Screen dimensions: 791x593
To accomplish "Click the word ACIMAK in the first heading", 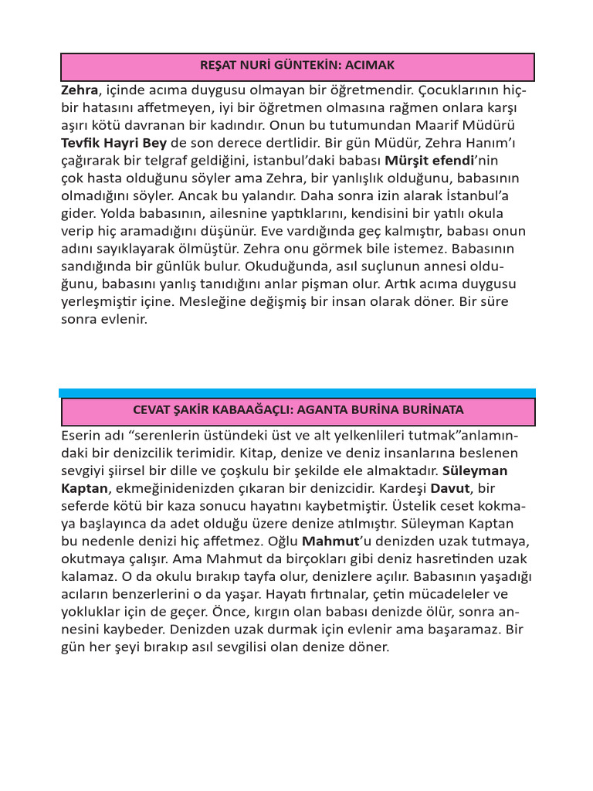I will click(372, 66).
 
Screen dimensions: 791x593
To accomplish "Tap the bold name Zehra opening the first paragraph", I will click(80, 90).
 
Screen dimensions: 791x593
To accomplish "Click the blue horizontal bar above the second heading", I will click(297, 393).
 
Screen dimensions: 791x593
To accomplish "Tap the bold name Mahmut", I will click(330, 541).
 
